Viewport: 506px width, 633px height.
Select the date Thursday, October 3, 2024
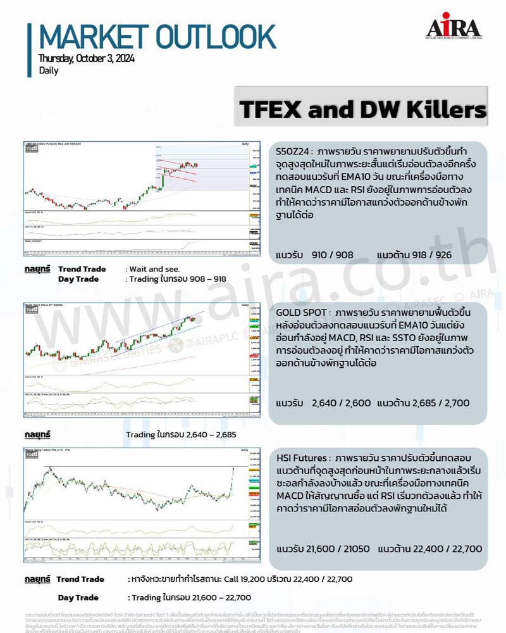86,59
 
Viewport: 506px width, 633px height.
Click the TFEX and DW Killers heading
363,110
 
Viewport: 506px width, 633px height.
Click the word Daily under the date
48,71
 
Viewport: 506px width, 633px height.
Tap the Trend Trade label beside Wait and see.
82,269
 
